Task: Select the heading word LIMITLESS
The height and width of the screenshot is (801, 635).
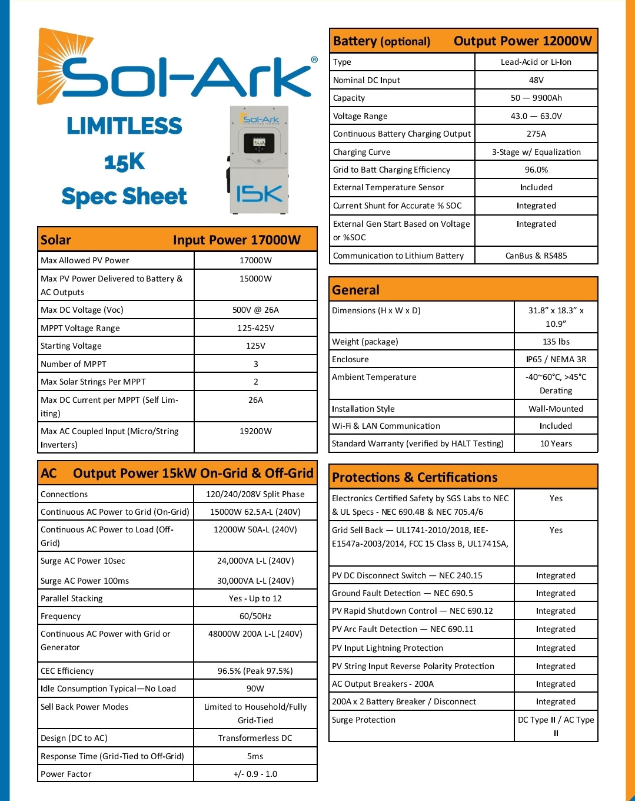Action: pos(124,126)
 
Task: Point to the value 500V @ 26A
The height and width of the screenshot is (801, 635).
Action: pos(255,310)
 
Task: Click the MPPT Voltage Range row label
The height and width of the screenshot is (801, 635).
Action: pos(80,328)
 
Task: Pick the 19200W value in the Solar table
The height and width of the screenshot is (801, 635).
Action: pos(255,431)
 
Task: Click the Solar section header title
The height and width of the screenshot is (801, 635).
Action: pos(56,240)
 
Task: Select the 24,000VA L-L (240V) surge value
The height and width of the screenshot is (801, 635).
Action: pos(255,561)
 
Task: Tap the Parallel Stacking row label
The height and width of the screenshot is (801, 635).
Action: pos(72,598)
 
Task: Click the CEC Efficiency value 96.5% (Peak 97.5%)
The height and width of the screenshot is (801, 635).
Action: pos(255,671)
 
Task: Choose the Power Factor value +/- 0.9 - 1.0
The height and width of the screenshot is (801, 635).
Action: pos(255,774)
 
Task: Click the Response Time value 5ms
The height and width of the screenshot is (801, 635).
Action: pos(255,756)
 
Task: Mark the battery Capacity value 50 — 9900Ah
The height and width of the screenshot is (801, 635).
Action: pos(536,98)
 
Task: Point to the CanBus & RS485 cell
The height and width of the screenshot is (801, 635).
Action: pos(536,256)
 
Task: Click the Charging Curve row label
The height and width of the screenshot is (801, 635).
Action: pos(362,152)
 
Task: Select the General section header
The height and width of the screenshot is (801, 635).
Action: pos(356,290)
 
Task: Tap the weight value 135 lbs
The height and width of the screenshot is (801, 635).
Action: pos(556,342)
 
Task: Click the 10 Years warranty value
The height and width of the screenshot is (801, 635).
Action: pos(556,443)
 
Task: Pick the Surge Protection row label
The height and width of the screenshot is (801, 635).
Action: pos(364,720)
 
